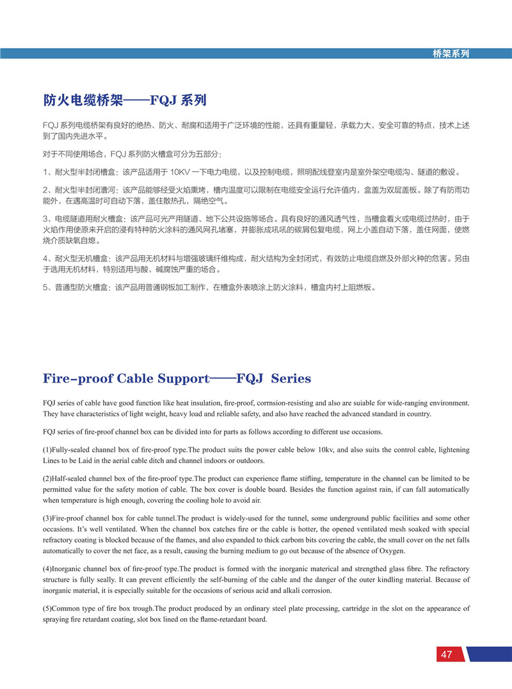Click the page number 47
coord(446,654)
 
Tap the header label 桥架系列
coord(451,54)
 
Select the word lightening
coord(452,450)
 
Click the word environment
coord(447,403)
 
